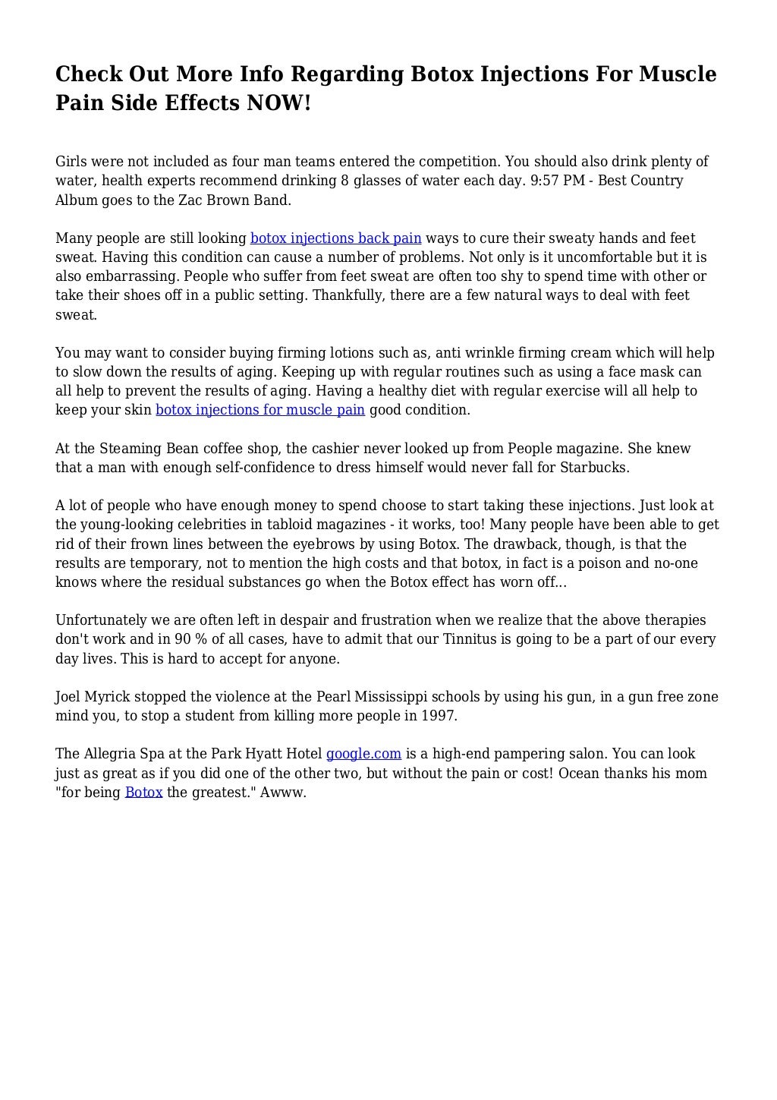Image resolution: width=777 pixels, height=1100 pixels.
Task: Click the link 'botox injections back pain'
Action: (x=335, y=238)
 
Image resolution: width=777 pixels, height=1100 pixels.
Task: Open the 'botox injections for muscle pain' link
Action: (x=260, y=410)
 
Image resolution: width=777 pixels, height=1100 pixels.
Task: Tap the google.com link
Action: (x=363, y=754)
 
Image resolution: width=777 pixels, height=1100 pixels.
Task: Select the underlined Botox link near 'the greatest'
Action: (x=143, y=792)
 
